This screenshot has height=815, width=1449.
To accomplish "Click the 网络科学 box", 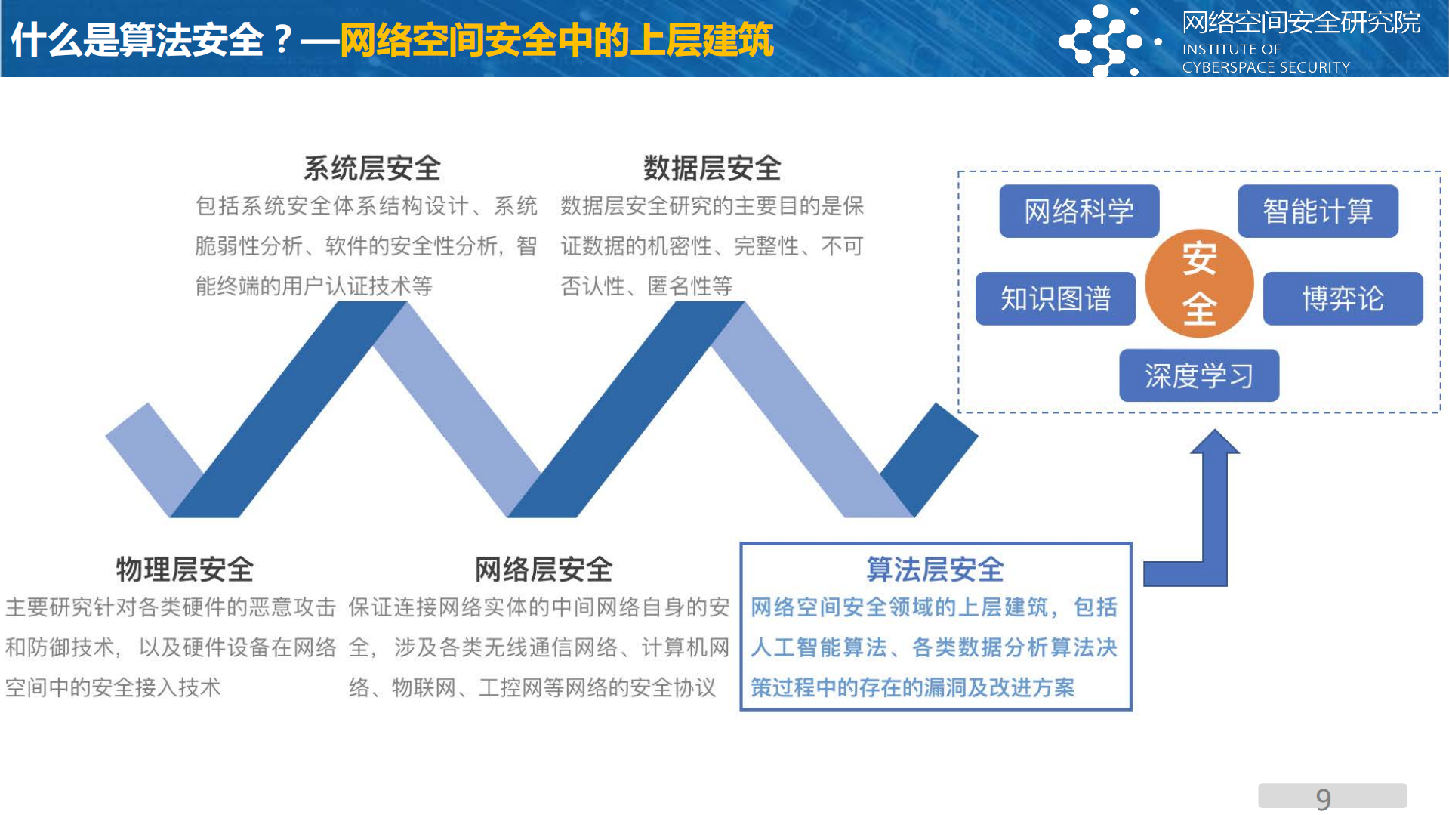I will point(1078,211).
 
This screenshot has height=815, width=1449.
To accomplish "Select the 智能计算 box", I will point(1317,211).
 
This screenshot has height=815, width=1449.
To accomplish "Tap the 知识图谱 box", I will point(1055,299).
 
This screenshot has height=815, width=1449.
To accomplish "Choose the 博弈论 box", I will point(1342,299).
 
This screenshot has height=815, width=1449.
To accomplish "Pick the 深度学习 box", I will point(1198,375).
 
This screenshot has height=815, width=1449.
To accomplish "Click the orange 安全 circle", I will point(1198,283).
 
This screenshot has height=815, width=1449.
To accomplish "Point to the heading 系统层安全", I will point(371,168).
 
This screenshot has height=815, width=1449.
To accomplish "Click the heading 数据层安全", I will point(711,168).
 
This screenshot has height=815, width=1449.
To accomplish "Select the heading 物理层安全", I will point(184,569).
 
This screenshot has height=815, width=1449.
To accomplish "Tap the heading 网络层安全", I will point(543,569).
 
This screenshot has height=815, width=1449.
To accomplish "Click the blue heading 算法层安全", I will point(935,569).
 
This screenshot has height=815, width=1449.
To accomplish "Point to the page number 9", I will point(1323,798).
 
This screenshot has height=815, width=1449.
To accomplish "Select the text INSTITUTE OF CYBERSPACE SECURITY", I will point(1266,58).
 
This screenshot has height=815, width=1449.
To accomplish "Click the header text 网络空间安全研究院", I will point(1300,23).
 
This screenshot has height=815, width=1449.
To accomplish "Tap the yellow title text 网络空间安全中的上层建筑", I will point(556,40).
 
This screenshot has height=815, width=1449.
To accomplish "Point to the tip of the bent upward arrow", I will point(1214,432).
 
